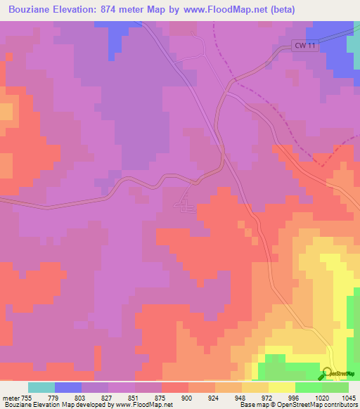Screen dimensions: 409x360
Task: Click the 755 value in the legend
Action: coord(26,397)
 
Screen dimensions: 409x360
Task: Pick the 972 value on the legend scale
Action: coord(254,397)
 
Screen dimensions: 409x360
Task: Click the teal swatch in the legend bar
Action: coord(41,387)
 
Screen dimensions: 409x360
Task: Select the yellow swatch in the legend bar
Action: coord(282,387)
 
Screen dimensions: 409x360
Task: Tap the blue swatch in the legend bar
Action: coord(68,387)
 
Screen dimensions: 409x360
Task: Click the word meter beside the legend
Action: coord(9,397)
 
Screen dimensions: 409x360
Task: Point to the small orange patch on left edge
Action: coord(6,111)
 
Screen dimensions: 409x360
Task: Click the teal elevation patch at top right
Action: coord(354,44)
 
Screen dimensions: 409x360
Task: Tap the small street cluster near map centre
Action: coord(188,205)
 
